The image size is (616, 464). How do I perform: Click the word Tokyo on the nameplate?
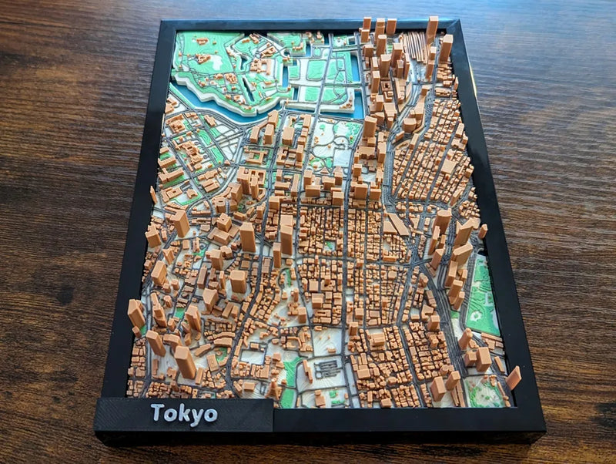click(x=183, y=414)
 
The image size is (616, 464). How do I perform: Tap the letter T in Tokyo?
click(x=158, y=412)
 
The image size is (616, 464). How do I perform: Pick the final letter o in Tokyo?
click(x=209, y=415)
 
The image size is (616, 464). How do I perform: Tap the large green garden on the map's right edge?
click(x=484, y=297)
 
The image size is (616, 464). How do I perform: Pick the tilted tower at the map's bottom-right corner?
click(x=513, y=378)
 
